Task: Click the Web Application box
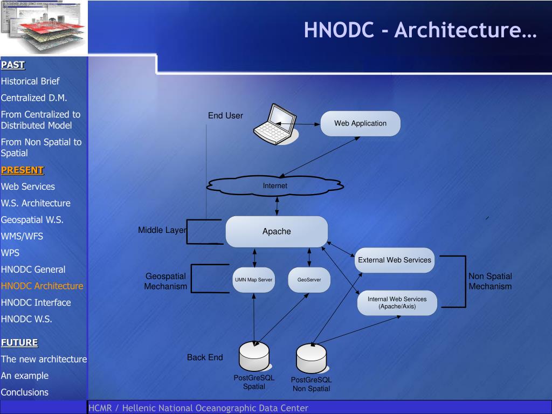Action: point(360,123)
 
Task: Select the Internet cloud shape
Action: point(275,185)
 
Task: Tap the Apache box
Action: point(277,232)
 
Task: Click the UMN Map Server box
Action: point(253,280)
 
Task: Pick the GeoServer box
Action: point(309,280)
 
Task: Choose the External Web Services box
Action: point(395,260)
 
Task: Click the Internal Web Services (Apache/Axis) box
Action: point(397,302)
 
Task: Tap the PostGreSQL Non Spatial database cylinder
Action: point(311,358)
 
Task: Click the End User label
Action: point(225,115)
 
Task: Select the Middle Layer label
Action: point(162,230)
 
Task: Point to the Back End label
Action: point(205,357)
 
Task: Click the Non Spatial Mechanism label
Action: point(490,281)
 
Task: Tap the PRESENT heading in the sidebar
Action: point(22,170)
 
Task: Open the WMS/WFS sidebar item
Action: point(22,236)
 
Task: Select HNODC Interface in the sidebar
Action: point(36,302)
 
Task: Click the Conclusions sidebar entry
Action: point(25,392)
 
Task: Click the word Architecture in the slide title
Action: point(465,30)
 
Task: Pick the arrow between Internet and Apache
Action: point(277,205)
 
